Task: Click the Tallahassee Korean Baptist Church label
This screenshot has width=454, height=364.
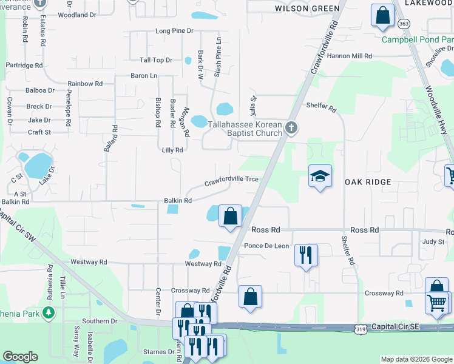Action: point(245,129)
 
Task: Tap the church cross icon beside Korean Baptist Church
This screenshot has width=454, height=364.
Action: point(291,127)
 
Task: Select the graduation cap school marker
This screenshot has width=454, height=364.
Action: point(320,177)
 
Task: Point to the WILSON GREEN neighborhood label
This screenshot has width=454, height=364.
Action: point(307,8)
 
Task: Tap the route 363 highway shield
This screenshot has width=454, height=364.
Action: point(404,24)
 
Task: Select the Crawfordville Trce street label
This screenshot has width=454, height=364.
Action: point(231,180)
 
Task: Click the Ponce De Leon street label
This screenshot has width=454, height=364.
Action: point(266,246)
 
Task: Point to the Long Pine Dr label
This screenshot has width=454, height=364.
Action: point(174,30)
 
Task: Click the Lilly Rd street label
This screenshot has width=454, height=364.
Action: point(172,150)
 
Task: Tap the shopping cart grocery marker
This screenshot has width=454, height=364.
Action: point(437,303)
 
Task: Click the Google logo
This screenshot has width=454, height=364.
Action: point(20,357)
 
